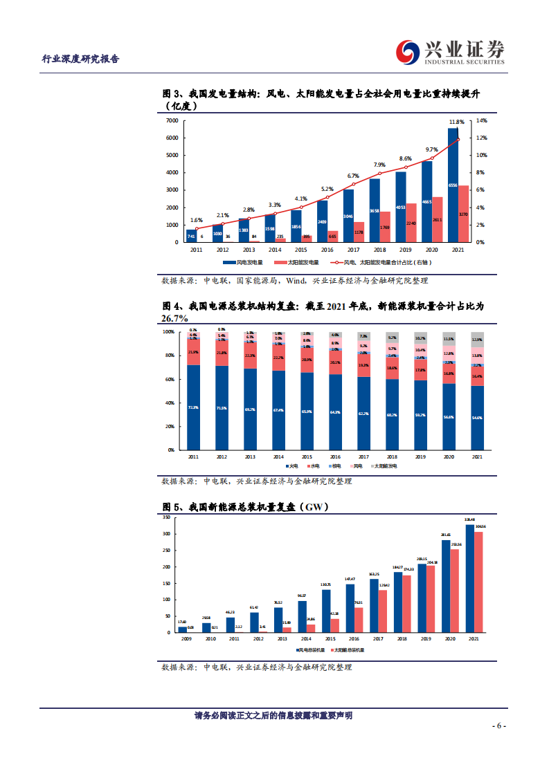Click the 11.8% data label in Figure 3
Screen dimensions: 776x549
(x=456, y=122)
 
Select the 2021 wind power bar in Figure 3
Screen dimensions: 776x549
(x=453, y=185)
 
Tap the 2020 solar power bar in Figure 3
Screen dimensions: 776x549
(x=438, y=219)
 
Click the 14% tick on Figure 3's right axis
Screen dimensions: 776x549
(x=480, y=120)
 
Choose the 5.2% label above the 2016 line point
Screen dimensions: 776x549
(x=327, y=189)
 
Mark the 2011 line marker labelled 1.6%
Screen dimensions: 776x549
(x=197, y=228)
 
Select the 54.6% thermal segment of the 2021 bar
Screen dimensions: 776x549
(x=477, y=418)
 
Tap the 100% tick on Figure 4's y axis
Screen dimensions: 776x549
(x=169, y=332)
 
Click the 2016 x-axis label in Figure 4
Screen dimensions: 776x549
(x=335, y=456)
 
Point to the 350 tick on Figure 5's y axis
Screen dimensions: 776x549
(x=167, y=517)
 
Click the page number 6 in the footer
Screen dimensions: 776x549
(x=499, y=726)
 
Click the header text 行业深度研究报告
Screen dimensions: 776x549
(x=81, y=59)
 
